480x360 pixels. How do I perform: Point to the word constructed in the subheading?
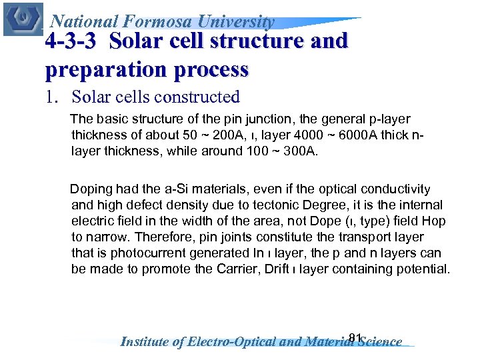tap(196, 97)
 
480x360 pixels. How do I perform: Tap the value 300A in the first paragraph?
tap(303, 151)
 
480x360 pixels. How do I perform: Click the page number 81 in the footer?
tap(355, 337)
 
